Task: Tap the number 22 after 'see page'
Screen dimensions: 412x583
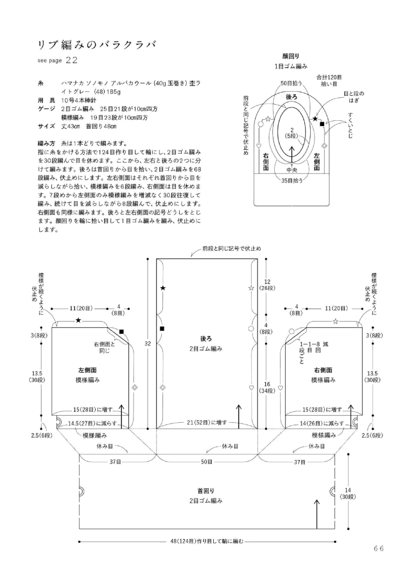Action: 71,60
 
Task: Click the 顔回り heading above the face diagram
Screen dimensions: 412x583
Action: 291,56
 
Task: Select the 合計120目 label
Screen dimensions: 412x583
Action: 329,77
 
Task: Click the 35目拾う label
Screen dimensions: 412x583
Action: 292,180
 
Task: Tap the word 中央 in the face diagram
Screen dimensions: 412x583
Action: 292,170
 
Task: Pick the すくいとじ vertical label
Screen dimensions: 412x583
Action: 351,126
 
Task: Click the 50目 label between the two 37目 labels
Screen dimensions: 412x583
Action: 206,462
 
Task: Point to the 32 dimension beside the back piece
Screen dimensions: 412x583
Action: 148,343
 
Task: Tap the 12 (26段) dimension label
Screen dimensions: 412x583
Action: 267,285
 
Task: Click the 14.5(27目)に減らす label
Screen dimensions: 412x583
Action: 92,423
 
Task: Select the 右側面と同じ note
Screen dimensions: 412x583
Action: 105,348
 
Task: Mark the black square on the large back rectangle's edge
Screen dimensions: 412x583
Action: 162,329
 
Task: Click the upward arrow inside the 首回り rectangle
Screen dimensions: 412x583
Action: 317,514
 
